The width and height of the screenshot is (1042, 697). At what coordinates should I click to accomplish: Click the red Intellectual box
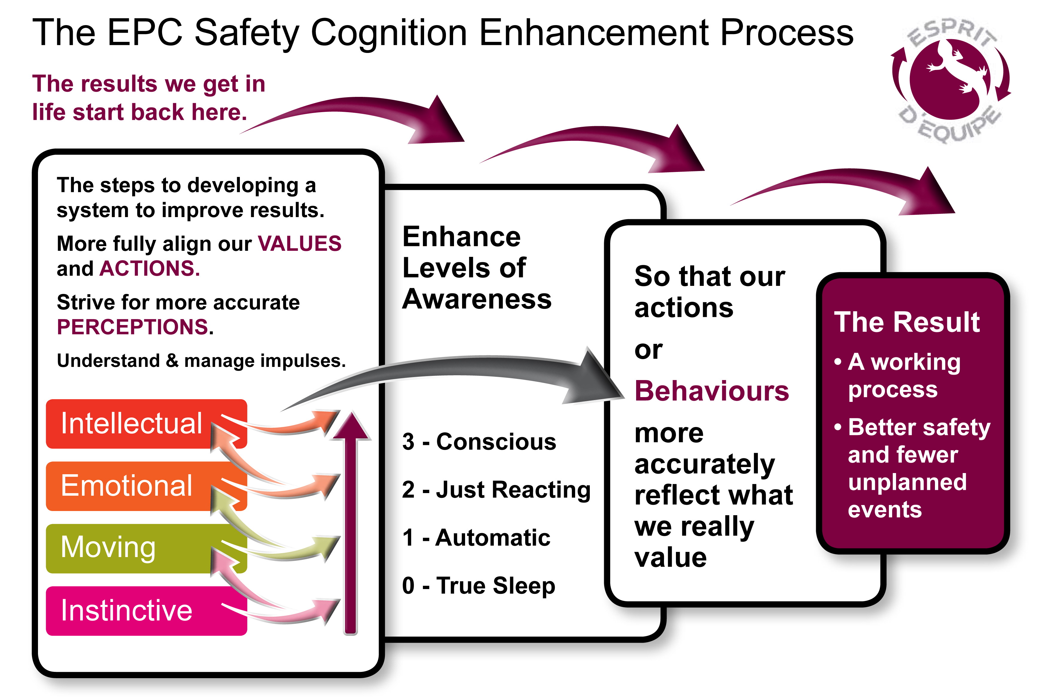point(146,424)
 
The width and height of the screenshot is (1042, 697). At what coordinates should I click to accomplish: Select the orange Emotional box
point(146,486)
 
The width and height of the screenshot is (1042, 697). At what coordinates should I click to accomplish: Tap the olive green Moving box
point(146,548)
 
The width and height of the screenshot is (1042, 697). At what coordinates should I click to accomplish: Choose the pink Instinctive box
point(146,611)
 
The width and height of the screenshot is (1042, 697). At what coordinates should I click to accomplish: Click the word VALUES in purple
point(300,244)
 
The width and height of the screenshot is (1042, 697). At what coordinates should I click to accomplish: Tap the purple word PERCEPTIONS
point(132,327)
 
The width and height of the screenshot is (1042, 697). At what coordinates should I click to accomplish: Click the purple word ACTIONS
point(150,269)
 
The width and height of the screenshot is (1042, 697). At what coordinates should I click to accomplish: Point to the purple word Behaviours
point(712,391)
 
